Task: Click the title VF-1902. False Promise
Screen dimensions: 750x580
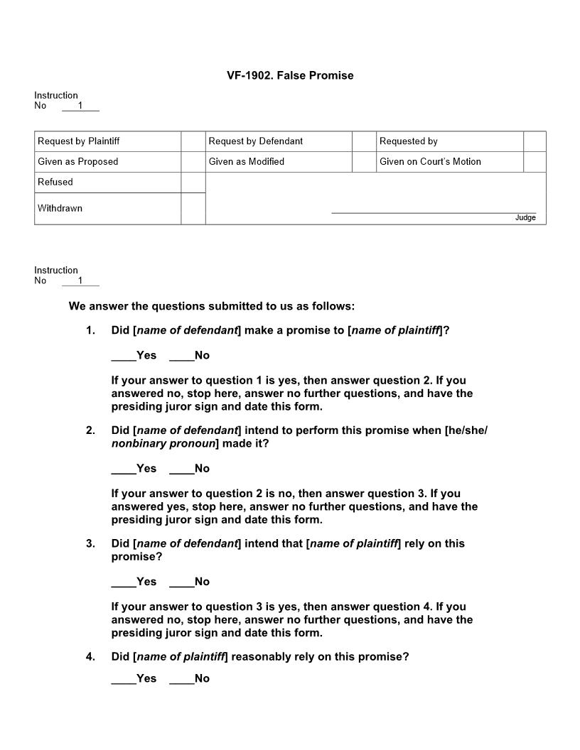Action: [x=290, y=75]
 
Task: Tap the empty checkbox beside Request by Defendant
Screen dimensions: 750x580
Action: [x=363, y=141]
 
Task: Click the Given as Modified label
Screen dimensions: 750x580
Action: [x=247, y=162]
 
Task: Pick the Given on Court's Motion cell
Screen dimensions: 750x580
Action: [x=430, y=162]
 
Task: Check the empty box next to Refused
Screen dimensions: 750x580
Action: [x=193, y=183]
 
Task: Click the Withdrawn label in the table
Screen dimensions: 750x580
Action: [x=60, y=209]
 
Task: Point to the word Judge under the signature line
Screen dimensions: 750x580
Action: [x=525, y=218]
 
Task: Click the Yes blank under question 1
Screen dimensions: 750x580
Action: [x=123, y=356]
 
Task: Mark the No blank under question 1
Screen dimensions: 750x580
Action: [x=181, y=356]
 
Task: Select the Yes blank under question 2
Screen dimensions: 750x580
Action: [x=123, y=469]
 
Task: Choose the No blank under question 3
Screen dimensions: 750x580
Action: [x=181, y=582]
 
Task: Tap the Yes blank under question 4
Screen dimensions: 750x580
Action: [x=123, y=679]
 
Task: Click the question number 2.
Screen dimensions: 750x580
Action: [x=90, y=430]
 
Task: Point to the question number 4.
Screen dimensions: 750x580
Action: [x=90, y=657]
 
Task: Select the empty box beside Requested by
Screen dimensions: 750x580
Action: [x=535, y=141]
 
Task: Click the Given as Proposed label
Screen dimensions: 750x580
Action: [x=78, y=162]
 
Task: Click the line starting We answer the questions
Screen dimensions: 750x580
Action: [x=211, y=307]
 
